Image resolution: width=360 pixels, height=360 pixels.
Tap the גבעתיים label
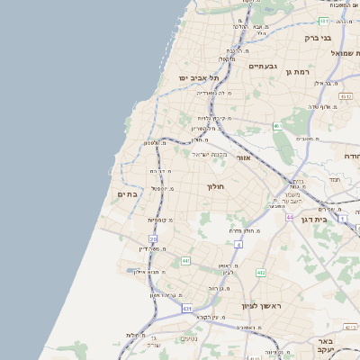click(x=262, y=66)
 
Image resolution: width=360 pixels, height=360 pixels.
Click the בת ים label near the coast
click(x=127, y=193)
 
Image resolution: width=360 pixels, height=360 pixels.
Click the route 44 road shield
click(x=290, y=217)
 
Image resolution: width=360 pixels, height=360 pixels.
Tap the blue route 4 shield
click(x=238, y=244)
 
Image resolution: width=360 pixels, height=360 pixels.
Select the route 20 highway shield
click(x=153, y=239)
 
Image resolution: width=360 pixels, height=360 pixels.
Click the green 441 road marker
click(x=185, y=260)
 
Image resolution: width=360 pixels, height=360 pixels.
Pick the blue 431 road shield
click(x=187, y=309)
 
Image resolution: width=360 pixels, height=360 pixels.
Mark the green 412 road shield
click(x=261, y=272)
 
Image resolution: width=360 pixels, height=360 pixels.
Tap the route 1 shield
click(x=342, y=218)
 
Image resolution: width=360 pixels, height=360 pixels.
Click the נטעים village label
click(x=188, y=338)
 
